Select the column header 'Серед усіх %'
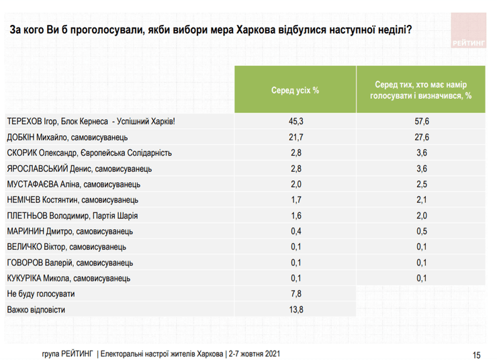pyautogui.click(x=294, y=90)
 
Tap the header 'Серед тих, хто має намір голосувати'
pyautogui.click(x=421, y=90)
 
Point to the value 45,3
pyautogui.click(x=294, y=122)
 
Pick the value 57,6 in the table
pyautogui.click(x=421, y=122)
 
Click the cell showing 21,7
pyautogui.click(x=294, y=137)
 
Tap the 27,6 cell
pyautogui.click(x=421, y=137)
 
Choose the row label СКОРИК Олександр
pyautogui.click(x=89, y=153)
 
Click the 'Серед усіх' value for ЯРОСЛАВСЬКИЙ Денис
pyautogui.click(x=294, y=169)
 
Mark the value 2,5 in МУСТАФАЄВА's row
pyautogui.click(x=421, y=184)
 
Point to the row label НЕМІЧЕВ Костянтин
pyautogui.click(x=73, y=200)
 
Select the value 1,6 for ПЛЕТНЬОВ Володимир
pyautogui.click(x=294, y=216)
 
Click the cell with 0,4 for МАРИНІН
pyautogui.click(x=294, y=231)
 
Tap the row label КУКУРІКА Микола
pyautogui.click(x=68, y=278)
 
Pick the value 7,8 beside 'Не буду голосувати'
pyautogui.click(x=294, y=294)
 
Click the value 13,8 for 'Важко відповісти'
pyautogui.click(x=294, y=310)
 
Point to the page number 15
pyautogui.click(x=476, y=354)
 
